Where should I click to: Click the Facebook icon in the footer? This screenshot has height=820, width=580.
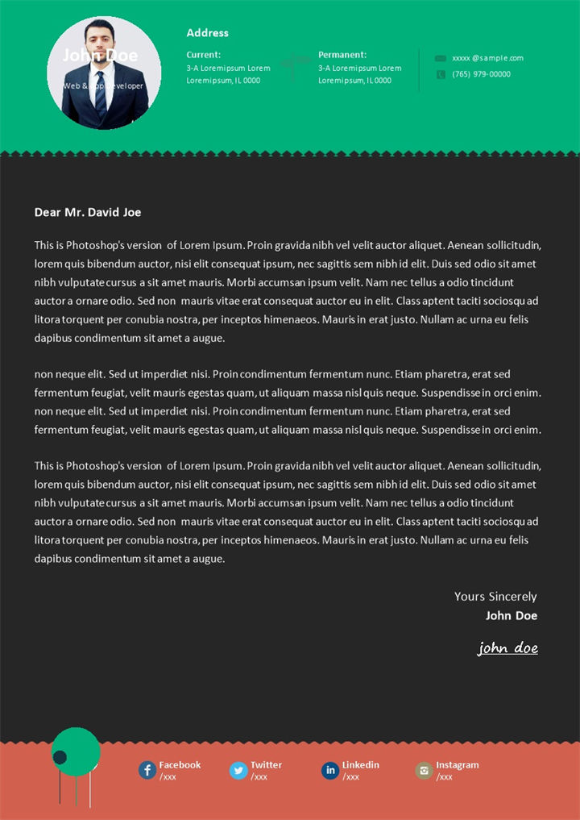pyautogui.click(x=147, y=770)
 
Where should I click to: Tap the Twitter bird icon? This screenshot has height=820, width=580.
pyautogui.click(x=238, y=770)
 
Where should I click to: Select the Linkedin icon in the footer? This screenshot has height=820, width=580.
pyautogui.click(x=329, y=770)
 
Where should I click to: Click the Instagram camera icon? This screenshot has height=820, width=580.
pyautogui.click(x=424, y=770)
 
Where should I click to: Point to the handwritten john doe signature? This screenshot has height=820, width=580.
pyautogui.click(x=507, y=647)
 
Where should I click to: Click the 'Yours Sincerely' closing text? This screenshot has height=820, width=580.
pyautogui.click(x=495, y=597)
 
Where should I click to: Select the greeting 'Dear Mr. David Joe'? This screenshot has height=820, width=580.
pyautogui.click(x=88, y=212)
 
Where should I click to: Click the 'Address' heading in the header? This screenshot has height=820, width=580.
pyautogui.click(x=207, y=33)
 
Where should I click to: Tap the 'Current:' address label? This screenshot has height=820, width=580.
pyautogui.click(x=203, y=55)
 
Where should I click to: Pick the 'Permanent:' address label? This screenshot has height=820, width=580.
pyautogui.click(x=342, y=55)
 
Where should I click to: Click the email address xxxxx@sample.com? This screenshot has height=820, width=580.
pyautogui.click(x=487, y=58)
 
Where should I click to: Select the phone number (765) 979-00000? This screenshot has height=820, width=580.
pyautogui.click(x=481, y=74)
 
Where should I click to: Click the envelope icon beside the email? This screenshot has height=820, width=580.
pyautogui.click(x=440, y=58)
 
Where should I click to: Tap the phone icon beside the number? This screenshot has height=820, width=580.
pyautogui.click(x=440, y=74)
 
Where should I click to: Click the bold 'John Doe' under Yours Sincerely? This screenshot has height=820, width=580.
pyautogui.click(x=511, y=616)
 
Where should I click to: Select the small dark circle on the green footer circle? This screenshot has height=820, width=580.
pyautogui.click(x=60, y=756)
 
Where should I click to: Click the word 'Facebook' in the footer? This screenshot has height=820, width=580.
pyautogui.click(x=180, y=764)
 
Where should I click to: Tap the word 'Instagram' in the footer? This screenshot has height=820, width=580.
pyautogui.click(x=457, y=764)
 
